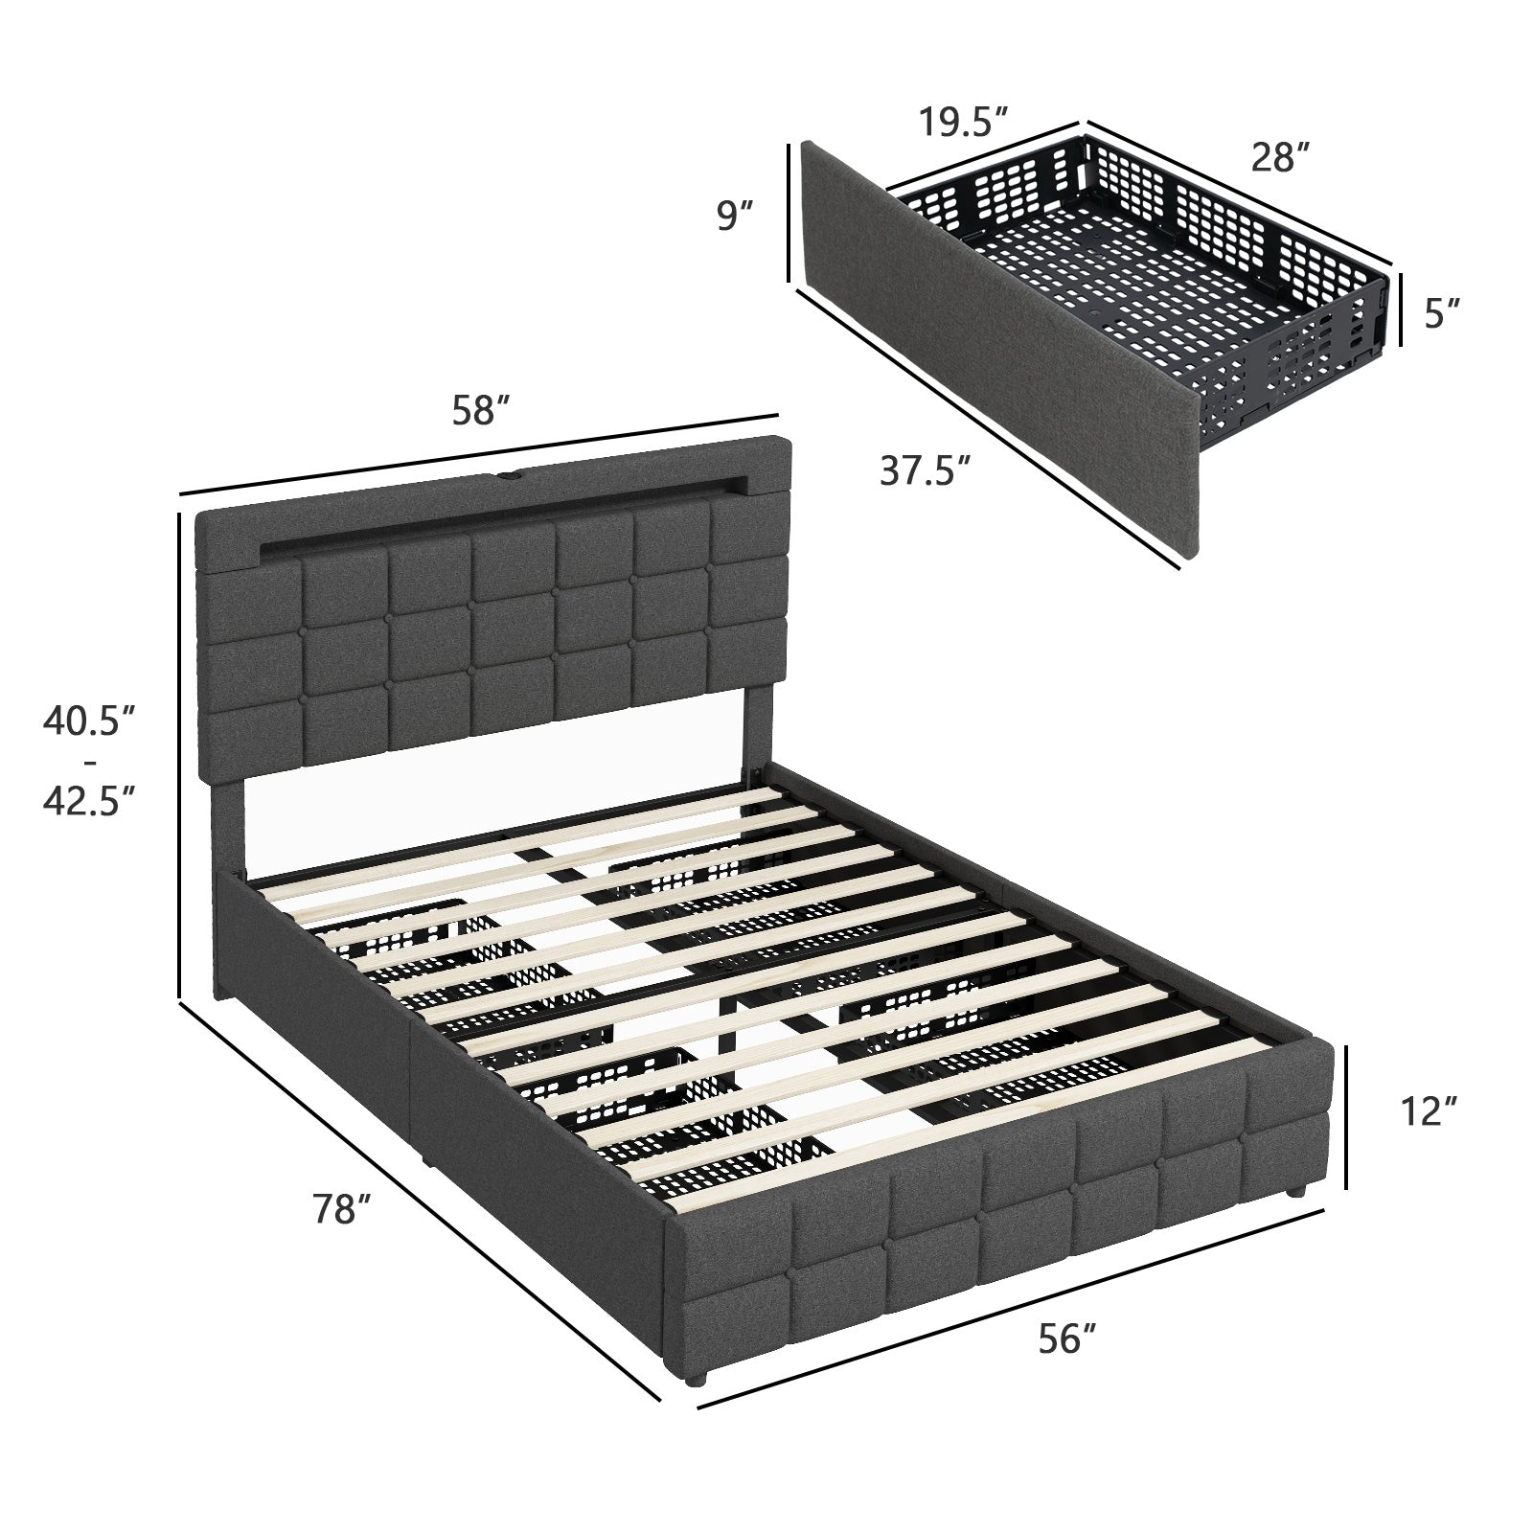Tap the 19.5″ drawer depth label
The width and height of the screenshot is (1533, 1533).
point(963,122)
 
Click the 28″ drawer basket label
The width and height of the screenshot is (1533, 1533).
point(1280,157)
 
